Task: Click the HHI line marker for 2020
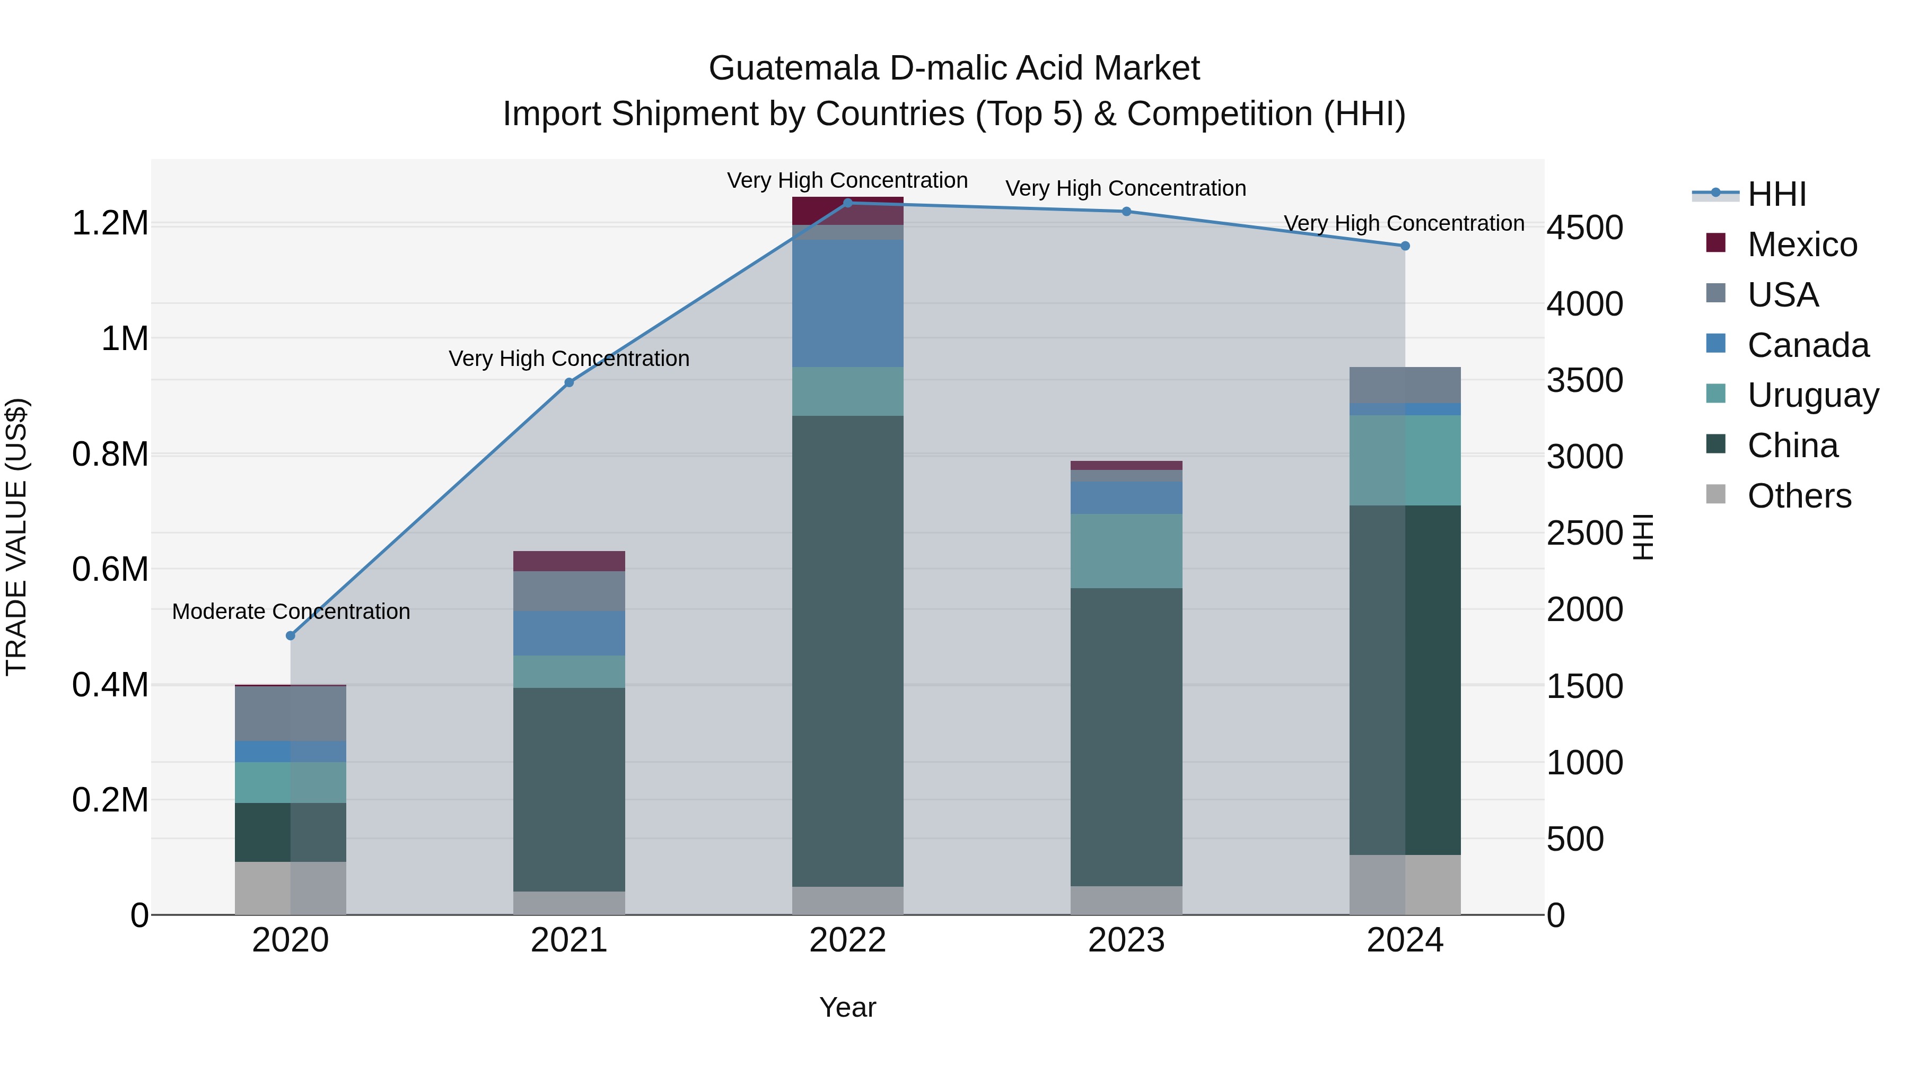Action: pos(291,635)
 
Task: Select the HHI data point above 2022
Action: pos(848,203)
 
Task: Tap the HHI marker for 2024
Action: pos(1405,246)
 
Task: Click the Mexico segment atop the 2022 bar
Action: pos(848,211)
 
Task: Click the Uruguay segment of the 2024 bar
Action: pos(1405,460)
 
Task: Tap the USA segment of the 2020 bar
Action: pos(291,713)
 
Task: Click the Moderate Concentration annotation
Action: pos(291,612)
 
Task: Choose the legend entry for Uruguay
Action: pos(1812,395)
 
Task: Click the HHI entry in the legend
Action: pos(1776,194)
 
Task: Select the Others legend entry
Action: pos(1799,496)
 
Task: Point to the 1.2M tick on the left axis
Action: pos(110,223)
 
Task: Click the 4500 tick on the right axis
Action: pos(1584,228)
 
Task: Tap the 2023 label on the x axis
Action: pos(1126,940)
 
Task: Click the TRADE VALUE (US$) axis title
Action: pos(16,537)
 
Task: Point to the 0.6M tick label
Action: pos(110,569)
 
